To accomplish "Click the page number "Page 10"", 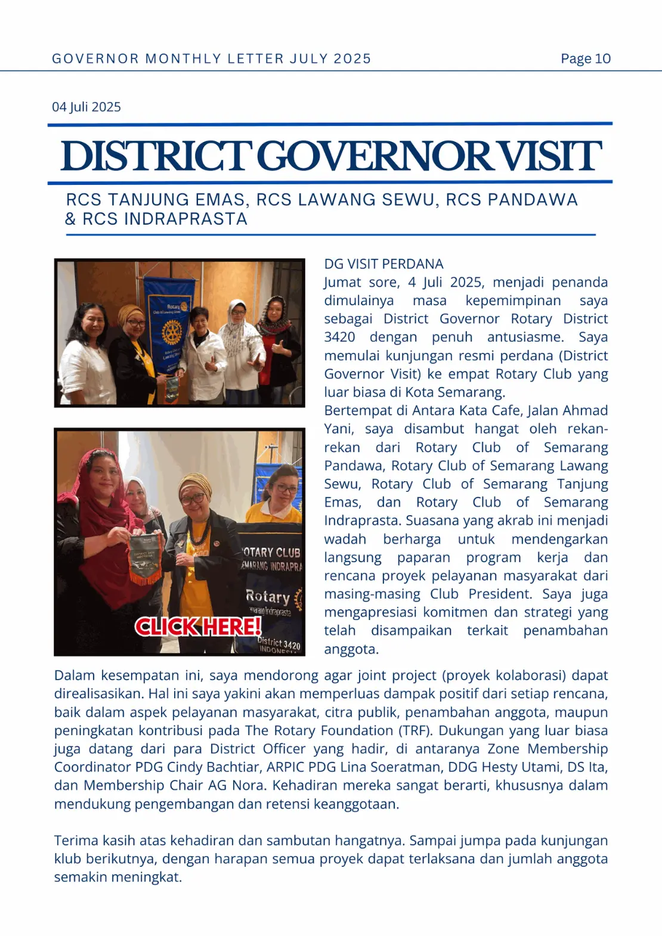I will tap(585, 58).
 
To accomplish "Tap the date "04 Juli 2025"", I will tap(86, 107).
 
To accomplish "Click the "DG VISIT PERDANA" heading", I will tap(383, 264).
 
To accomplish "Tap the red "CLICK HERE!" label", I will tap(198, 627).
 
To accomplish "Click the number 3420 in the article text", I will tap(339, 337).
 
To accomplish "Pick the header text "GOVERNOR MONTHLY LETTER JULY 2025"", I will tap(211, 58).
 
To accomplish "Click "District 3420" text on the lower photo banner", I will tap(279, 643).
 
